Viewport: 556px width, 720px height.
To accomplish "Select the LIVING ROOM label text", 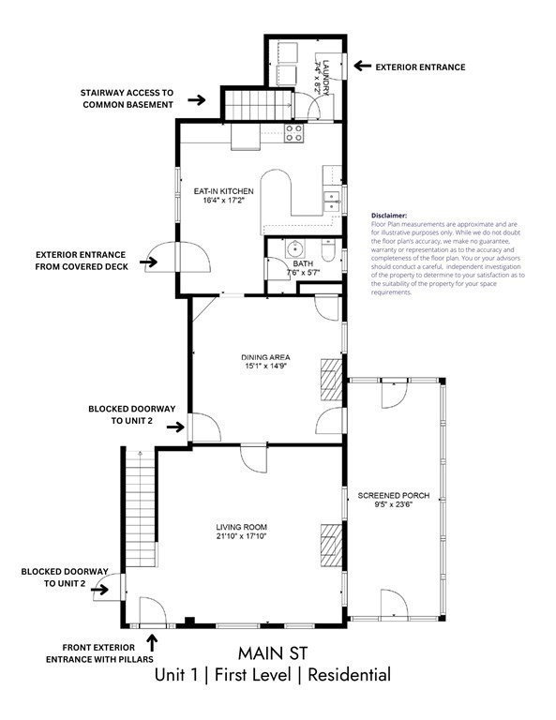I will (248, 528).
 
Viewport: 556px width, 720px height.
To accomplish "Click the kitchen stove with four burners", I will (294, 133).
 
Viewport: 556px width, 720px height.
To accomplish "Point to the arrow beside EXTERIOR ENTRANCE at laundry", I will (361, 67).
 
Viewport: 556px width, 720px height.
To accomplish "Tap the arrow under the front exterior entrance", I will (153, 641).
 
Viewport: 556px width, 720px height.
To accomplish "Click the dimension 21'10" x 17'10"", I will (248, 538).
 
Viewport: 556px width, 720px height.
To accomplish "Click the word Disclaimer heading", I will (390, 215).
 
